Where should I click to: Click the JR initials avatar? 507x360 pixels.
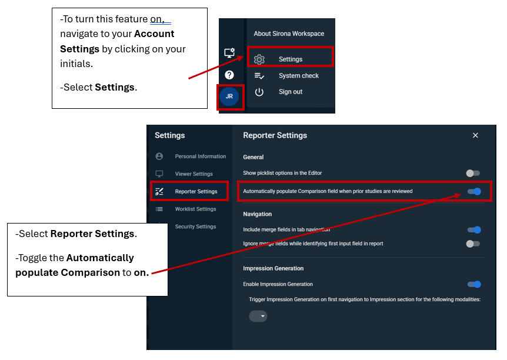click(229, 96)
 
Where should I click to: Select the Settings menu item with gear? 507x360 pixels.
click(291, 59)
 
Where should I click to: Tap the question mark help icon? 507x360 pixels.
click(229, 75)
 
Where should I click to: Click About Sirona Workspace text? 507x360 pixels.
click(289, 34)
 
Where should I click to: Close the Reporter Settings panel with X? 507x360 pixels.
click(475, 135)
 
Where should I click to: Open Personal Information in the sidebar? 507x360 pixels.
click(201, 156)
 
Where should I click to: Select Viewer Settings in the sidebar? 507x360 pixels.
click(194, 174)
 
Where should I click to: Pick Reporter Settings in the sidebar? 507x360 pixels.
click(196, 192)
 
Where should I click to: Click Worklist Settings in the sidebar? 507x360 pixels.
click(196, 209)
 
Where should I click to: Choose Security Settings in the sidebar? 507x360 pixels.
click(196, 226)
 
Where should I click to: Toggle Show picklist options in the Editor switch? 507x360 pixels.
click(473, 174)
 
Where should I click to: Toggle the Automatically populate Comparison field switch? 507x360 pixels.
click(474, 192)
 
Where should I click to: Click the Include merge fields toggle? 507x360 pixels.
click(474, 230)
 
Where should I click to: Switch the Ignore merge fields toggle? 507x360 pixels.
click(473, 244)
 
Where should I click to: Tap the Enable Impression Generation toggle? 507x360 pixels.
click(474, 284)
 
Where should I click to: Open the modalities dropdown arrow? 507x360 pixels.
click(262, 316)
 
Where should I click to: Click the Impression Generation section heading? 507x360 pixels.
click(273, 268)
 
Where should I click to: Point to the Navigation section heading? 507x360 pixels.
click(258, 214)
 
